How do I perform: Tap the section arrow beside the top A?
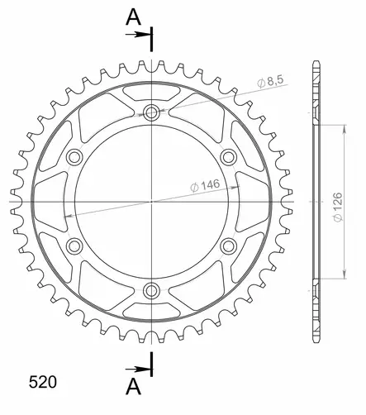[x=137, y=36]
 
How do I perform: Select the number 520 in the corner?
[x=43, y=383]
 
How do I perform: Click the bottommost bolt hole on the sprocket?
[x=152, y=289]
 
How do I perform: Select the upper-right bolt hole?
[x=229, y=156]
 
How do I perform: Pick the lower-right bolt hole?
[x=229, y=245]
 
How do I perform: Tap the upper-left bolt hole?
[x=75, y=156]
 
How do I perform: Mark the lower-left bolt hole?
[x=75, y=245]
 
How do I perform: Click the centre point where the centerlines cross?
[x=152, y=201]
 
